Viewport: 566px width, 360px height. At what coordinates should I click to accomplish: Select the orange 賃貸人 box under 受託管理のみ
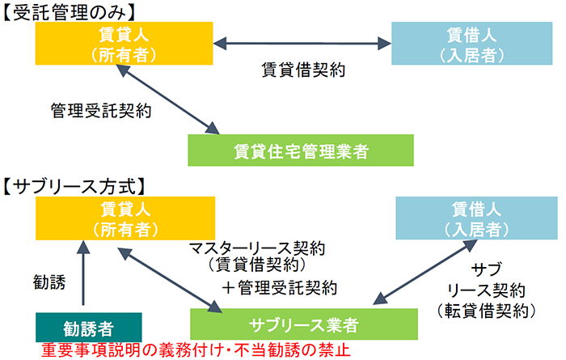125,44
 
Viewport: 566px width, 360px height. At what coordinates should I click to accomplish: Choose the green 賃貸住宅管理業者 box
300,150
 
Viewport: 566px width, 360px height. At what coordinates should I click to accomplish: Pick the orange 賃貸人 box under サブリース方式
125,218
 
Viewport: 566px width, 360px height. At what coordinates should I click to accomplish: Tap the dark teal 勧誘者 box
88,328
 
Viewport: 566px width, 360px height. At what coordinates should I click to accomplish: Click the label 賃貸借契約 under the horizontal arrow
304,70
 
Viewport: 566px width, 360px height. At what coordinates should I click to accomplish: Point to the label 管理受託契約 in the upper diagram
101,108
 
